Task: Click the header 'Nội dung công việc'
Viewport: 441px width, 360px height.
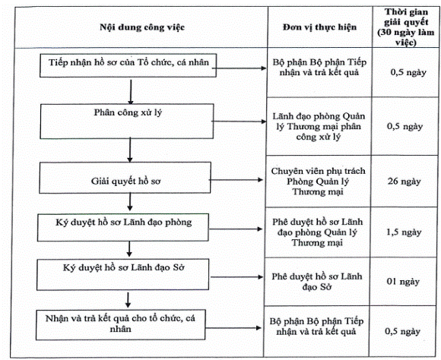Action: pyautogui.click(x=142, y=27)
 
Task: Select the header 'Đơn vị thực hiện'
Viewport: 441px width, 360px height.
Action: pyautogui.click(x=320, y=27)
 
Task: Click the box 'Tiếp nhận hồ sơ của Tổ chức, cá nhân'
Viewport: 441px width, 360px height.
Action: pyautogui.click(x=128, y=65)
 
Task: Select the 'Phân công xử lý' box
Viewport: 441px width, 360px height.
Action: pyautogui.click(x=127, y=121)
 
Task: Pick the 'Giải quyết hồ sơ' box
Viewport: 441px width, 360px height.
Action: pyautogui.click(x=125, y=177)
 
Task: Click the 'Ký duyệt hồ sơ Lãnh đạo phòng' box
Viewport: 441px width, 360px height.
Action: pyautogui.click(x=123, y=227)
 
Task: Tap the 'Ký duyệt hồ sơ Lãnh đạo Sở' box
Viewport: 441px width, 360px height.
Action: pyautogui.click(x=122, y=274)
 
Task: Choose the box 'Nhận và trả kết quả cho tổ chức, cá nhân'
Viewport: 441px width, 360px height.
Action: pyautogui.click(x=120, y=324)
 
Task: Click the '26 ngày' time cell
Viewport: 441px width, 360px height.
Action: pyautogui.click(x=405, y=182)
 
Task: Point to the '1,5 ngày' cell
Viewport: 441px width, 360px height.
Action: pyautogui.click(x=404, y=232)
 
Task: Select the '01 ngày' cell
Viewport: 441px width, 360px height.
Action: pyautogui.click(x=403, y=281)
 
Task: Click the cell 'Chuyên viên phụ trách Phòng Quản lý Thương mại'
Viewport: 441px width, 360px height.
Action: pyautogui.click(x=318, y=182)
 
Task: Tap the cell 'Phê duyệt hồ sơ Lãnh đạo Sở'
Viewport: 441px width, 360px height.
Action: pyautogui.click(x=317, y=282)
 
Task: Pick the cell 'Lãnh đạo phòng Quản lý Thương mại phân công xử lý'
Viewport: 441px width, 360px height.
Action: pyautogui.click(x=319, y=127)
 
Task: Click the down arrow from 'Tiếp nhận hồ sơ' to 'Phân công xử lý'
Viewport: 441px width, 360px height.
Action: pyautogui.click(x=131, y=92)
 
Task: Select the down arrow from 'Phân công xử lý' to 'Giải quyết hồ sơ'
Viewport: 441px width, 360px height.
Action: pyautogui.click(x=130, y=150)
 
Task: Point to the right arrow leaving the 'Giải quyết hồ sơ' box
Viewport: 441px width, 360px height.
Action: pyautogui.click(x=236, y=180)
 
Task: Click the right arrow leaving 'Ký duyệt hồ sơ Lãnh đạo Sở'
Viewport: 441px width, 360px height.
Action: pyautogui.click(x=236, y=277)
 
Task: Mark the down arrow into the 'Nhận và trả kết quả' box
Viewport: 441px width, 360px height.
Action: pyautogui.click(x=128, y=300)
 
